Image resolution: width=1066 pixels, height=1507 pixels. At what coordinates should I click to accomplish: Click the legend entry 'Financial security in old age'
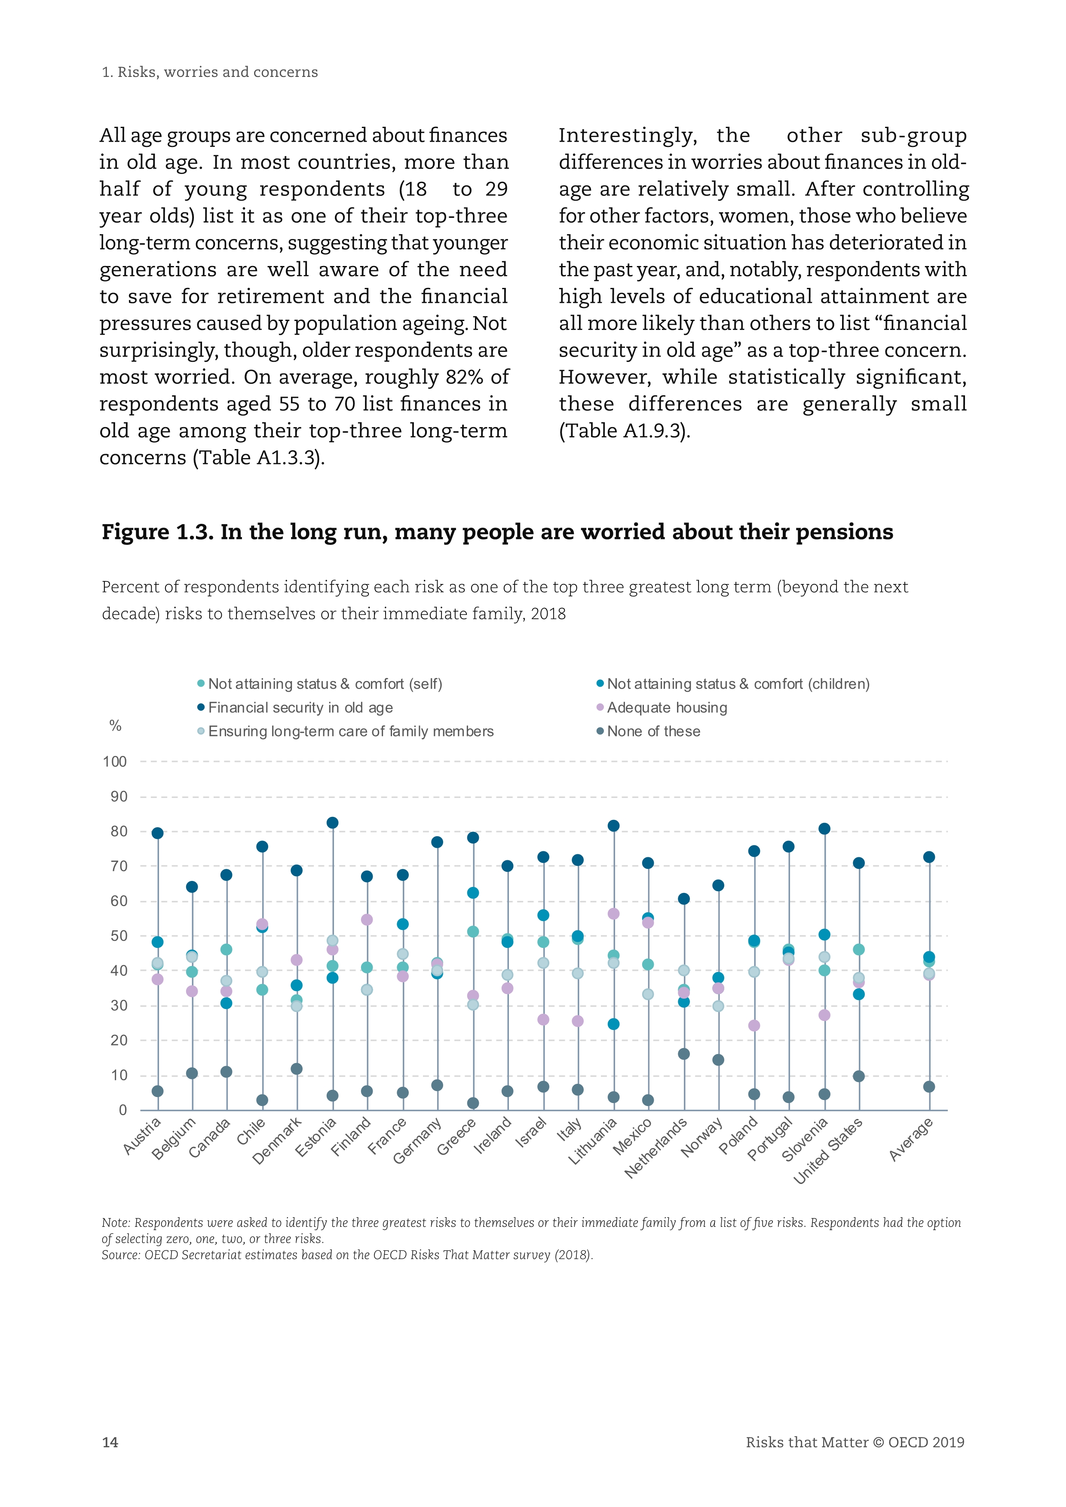pyautogui.click(x=300, y=708)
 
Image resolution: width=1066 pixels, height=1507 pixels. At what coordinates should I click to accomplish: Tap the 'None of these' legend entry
pyautogui.click(x=653, y=731)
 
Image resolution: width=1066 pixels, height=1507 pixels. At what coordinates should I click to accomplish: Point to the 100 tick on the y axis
pyautogui.click(x=115, y=761)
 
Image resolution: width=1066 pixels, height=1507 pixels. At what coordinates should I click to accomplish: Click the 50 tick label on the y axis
pyautogui.click(x=119, y=936)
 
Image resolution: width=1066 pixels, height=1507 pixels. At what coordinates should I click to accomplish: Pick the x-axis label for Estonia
pyautogui.click(x=316, y=1137)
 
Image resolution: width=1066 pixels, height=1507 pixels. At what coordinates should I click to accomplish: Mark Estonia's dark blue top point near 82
pyautogui.click(x=332, y=823)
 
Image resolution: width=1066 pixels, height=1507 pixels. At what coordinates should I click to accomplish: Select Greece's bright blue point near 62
pyautogui.click(x=473, y=893)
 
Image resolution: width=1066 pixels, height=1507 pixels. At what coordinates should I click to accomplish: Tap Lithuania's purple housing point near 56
pyautogui.click(x=613, y=914)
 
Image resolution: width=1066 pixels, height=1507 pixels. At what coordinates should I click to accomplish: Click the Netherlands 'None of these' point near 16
pyautogui.click(x=683, y=1054)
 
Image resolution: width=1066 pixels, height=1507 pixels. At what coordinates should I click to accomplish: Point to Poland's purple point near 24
pyautogui.click(x=754, y=1025)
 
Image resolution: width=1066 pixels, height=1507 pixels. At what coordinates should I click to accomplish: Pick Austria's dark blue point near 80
pyautogui.click(x=158, y=834)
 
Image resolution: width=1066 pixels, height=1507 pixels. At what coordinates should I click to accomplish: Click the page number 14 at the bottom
pyautogui.click(x=110, y=1442)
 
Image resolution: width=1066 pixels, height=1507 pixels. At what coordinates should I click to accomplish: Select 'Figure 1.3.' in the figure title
pyautogui.click(x=158, y=532)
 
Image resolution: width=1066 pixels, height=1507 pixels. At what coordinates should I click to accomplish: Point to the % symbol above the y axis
pyautogui.click(x=116, y=725)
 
